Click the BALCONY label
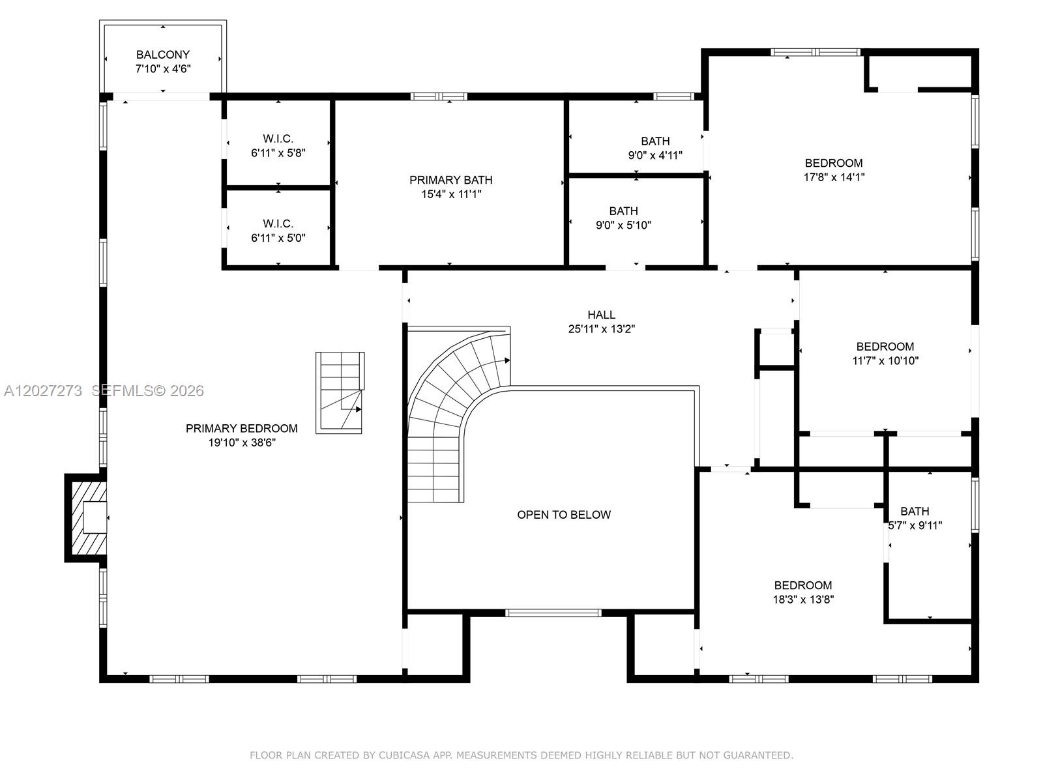click(162, 55)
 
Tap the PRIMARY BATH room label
click(450, 180)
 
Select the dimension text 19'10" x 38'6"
click(242, 442)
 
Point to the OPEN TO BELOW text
click(564, 515)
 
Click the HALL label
click(601, 314)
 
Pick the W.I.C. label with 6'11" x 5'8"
click(278, 139)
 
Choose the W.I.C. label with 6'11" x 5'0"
click(278, 224)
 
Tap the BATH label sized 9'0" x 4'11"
click(655, 141)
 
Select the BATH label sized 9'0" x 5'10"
click(623, 210)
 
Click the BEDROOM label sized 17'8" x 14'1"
click(834, 163)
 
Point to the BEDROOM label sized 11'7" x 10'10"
click(885, 347)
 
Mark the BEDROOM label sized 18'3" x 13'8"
click(802, 585)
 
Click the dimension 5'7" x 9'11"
click(915, 526)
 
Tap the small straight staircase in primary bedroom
click(340, 393)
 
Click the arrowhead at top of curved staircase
click(507, 360)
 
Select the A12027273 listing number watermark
click(43, 391)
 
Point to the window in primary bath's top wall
click(439, 96)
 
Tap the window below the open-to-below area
click(553, 613)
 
